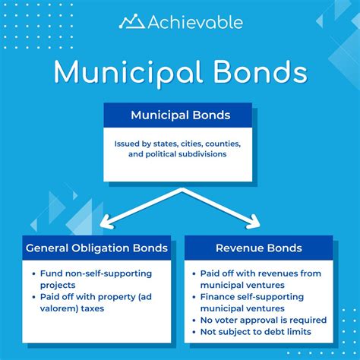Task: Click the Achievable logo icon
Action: (131, 21)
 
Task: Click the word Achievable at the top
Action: (194, 22)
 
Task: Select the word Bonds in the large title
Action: (257, 73)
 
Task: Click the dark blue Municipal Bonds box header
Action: (179, 115)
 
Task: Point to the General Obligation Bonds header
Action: (98, 248)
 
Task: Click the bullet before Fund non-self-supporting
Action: (35, 273)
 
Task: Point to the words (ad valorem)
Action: (138, 298)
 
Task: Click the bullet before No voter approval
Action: (194, 321)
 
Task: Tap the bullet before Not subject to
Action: (194, 332)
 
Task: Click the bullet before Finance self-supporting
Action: (194, 297)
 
